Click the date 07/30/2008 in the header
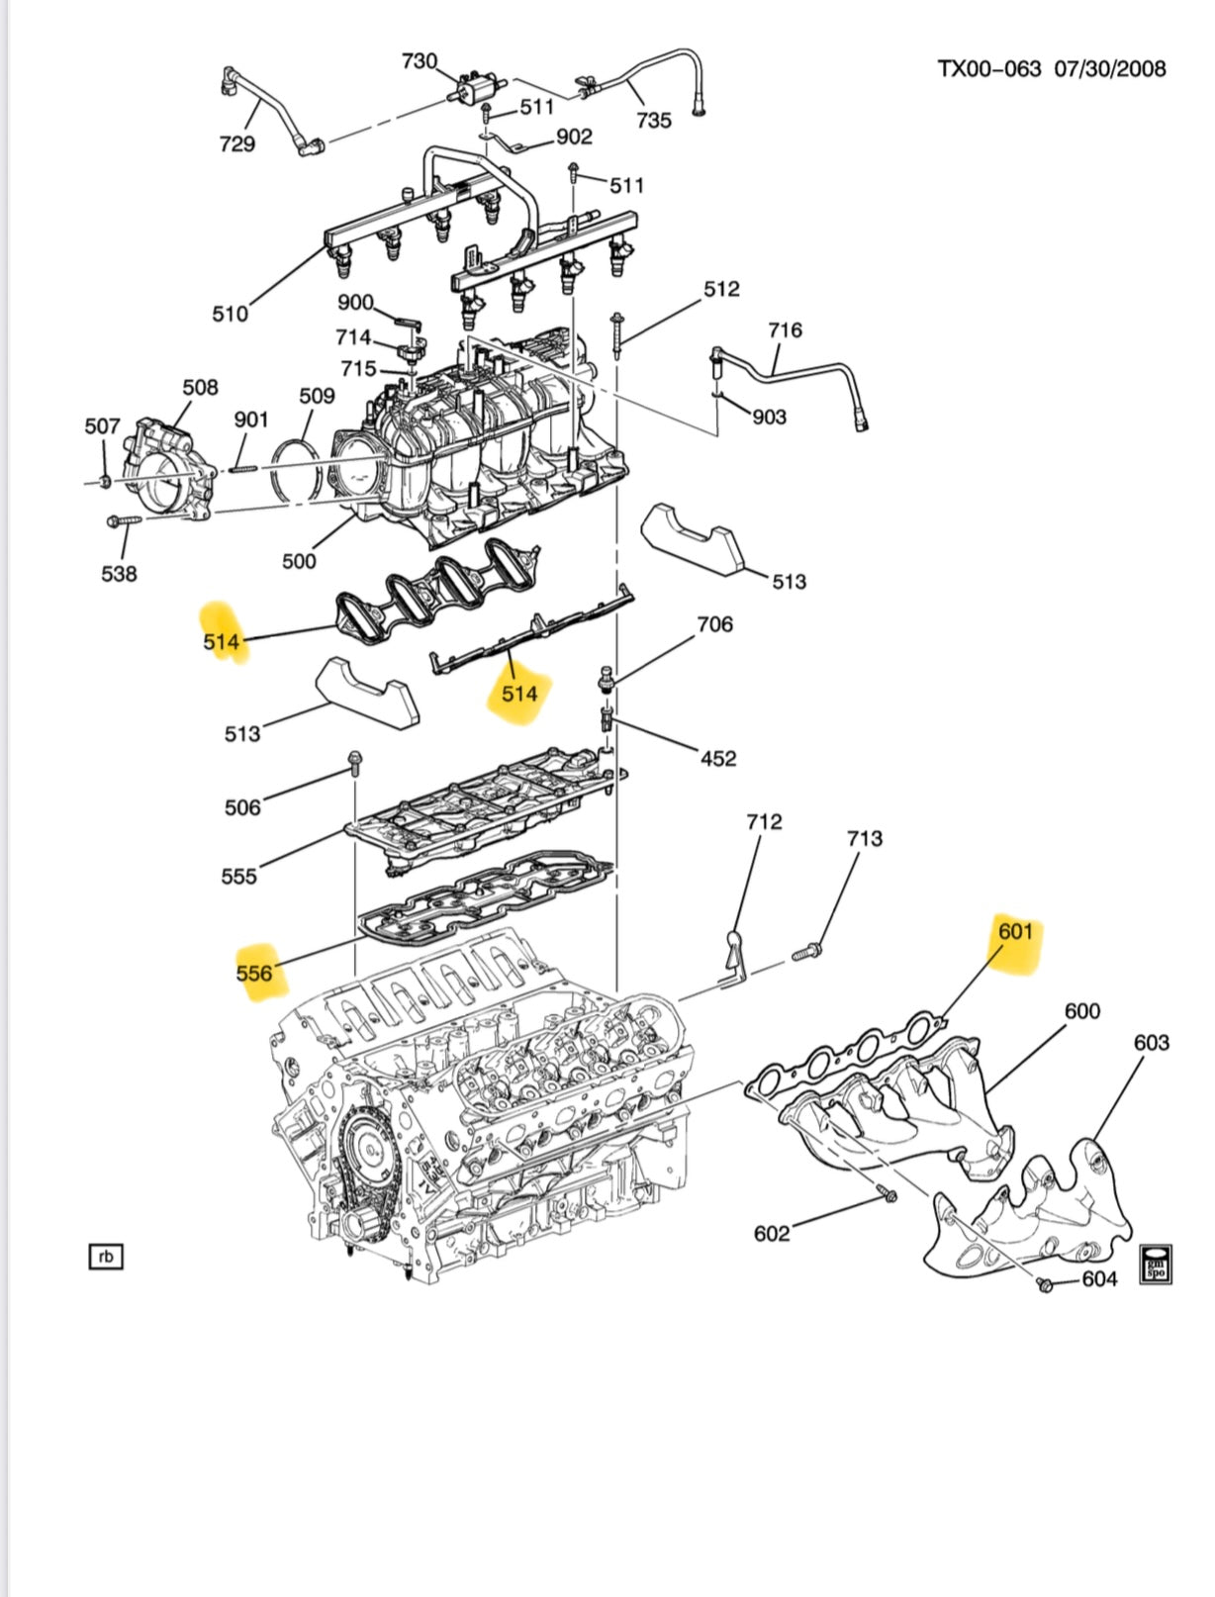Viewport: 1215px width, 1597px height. click(1109, 69)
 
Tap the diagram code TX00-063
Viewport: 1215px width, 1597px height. click(988, 69)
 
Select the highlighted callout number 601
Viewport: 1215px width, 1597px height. click(1015, 932)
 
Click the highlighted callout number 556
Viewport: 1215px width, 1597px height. click(254, 974)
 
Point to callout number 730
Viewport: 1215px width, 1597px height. click(419, 61)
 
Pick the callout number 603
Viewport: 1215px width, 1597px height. click(1151, 1043)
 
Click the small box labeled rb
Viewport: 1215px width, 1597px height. click(106, 1258)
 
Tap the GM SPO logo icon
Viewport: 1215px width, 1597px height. click(1155, 1264)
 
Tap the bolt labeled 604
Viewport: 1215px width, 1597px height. click(1044, 1284)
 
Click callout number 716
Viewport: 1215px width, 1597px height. click(785, 330)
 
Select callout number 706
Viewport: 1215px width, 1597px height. click(714, 624)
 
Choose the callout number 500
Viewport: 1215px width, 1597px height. click(299, 561)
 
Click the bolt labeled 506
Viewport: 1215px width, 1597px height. click(354, 762)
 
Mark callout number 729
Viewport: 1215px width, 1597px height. click(236, 144)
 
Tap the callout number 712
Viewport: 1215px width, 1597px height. click(764, 822)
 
